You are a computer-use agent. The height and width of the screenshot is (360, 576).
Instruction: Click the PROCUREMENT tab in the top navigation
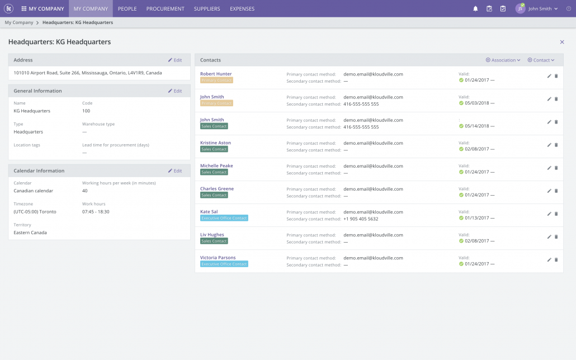click(166, 8)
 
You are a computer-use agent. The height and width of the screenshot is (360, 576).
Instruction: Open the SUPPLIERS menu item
click(207, 8)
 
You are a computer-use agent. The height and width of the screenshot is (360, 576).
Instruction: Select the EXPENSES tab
click(242, 8)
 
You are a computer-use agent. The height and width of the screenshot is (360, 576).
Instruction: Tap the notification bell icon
click(475, 8)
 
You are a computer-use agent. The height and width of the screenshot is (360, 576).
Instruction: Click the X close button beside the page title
click(562, 42)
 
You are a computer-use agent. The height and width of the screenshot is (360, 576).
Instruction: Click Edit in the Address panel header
click(175, 60)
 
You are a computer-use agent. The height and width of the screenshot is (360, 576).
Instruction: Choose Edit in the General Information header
click(175, 91)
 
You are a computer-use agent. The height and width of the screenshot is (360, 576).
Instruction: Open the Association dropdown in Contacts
click(503, 60)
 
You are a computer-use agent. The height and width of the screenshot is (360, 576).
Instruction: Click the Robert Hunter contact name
click(216, 74)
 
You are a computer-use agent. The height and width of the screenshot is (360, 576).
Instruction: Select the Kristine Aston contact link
click(216, 143)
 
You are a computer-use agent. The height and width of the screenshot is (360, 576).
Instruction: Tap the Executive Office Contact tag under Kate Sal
click(224, 218)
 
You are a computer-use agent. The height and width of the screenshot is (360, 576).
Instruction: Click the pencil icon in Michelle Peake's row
click(549, 168)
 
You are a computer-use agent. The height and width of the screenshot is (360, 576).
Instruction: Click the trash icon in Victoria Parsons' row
click(556, 260)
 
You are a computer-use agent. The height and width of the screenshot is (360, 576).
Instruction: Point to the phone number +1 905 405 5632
click(361, 219)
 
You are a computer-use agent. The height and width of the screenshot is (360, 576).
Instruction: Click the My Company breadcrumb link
click(19, 22)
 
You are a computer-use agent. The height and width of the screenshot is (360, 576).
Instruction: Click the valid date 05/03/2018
click(477, 103)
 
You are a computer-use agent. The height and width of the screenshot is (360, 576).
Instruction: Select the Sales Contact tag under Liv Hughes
click(214, 241)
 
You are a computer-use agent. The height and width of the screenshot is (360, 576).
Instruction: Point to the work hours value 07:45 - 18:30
click(96, 212)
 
